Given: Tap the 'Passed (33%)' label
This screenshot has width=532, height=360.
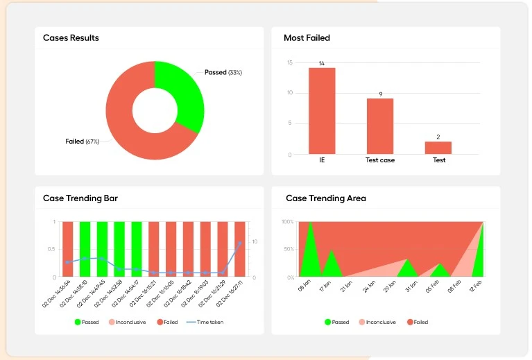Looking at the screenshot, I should click(223, 72).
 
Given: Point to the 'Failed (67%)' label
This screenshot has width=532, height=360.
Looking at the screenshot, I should click(83, 142).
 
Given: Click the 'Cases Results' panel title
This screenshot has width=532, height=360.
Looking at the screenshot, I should click(71, 38).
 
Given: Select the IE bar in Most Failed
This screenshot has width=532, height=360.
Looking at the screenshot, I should click(322, 111).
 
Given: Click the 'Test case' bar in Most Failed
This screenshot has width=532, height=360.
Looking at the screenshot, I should click(380, 126).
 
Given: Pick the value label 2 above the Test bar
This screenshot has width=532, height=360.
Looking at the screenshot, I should click(438, 137).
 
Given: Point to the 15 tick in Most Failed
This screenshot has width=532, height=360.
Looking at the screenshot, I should click(290, 62).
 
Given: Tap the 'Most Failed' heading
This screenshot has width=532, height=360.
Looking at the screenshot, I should click(307, 38).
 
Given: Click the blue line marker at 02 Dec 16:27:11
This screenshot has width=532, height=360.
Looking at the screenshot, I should click(240, 243).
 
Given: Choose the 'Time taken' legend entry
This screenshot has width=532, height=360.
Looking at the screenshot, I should click(206, 322).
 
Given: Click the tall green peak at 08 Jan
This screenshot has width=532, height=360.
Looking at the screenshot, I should click(310, 250).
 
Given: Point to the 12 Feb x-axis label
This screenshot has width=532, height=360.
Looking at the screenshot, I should click(474, 285).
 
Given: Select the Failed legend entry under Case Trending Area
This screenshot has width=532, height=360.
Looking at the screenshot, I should click(416, 322).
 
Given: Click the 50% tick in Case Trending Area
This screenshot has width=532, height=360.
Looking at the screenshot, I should click(289, 249).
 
